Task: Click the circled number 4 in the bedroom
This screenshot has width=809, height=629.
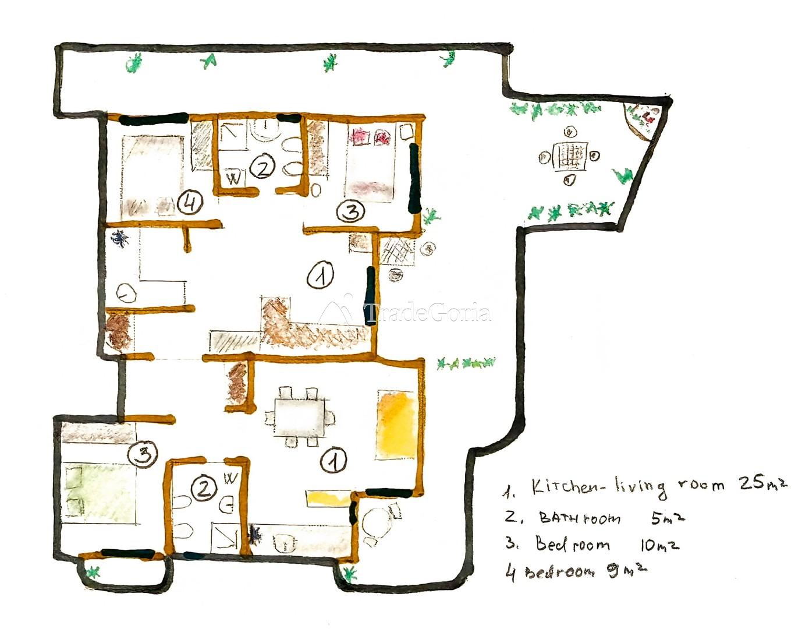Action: pos(190,203)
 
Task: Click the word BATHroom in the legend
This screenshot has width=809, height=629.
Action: pos(580,518)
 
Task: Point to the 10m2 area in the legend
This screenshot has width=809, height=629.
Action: pos(659,546)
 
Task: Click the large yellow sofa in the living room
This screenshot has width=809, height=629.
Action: pos(396,425)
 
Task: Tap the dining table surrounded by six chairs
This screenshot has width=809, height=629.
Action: pos(299,418)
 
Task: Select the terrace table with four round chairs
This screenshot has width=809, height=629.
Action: pos(569,157)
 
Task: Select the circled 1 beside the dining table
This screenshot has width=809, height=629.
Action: pos(334,460)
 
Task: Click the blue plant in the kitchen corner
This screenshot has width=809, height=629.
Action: pos(120,238)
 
